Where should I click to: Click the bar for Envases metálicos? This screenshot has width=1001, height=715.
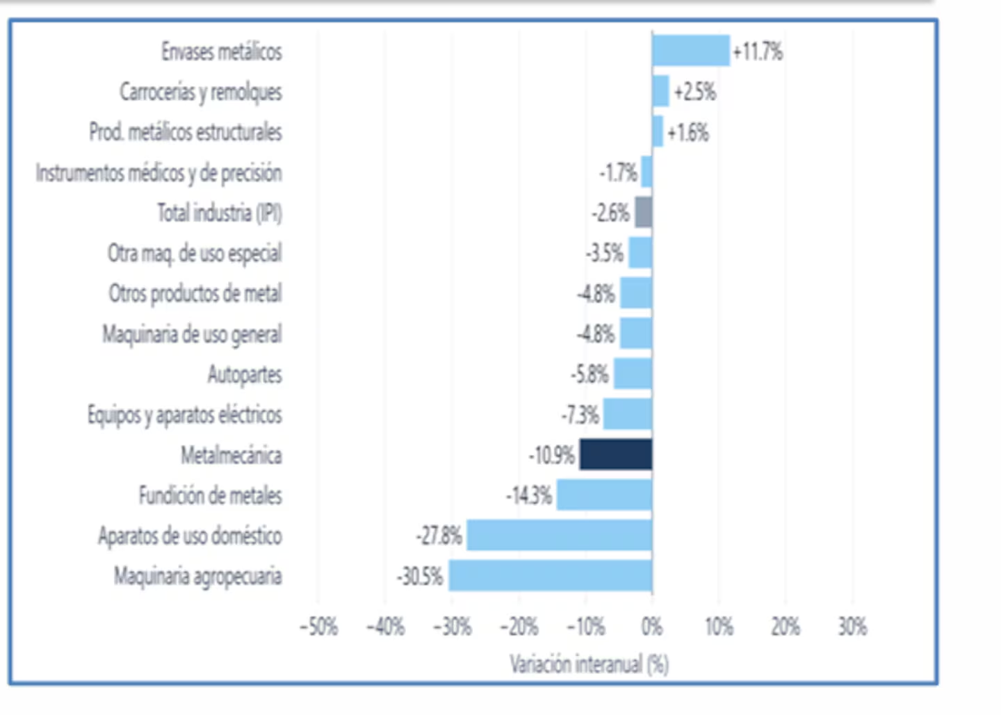691,51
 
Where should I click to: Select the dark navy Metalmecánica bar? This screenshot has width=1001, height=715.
616,454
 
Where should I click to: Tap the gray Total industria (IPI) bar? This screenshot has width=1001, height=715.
644,212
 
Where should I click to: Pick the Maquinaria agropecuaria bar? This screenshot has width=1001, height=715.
551,575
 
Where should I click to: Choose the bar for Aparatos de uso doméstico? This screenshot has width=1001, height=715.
560,535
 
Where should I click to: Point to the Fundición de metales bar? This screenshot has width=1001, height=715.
605,495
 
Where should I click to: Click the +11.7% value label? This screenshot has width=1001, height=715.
758,51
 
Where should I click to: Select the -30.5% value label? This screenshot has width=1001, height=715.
420,576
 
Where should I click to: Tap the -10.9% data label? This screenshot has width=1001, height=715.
551,456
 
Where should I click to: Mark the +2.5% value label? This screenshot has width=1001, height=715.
695,92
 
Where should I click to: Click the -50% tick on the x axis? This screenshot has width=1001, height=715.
319,627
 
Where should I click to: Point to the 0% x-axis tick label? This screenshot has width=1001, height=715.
652,627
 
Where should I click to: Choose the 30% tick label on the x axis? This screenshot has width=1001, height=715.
853,627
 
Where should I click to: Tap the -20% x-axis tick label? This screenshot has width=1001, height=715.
519,627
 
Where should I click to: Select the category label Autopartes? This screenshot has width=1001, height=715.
245,375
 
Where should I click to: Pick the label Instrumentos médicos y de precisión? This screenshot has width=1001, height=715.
159,173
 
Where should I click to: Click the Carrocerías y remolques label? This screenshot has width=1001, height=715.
201,92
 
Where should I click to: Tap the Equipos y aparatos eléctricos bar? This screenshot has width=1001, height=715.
628,414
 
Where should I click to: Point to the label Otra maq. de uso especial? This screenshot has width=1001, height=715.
195,254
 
